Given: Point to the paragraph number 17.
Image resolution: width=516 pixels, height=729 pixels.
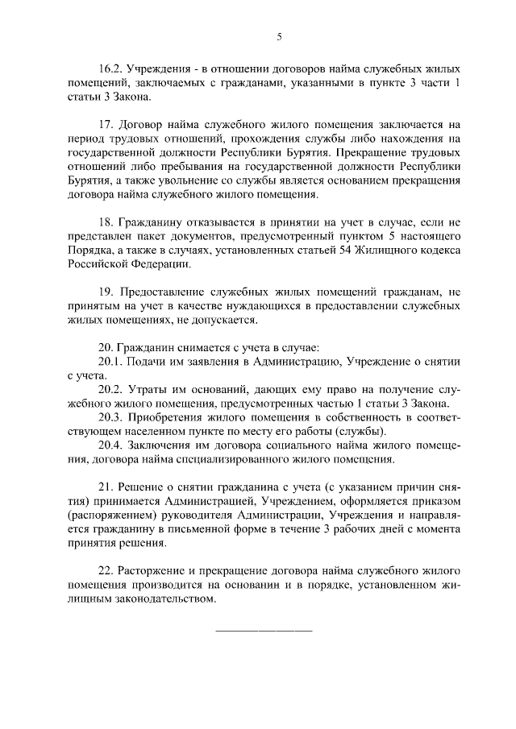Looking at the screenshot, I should (106, 125).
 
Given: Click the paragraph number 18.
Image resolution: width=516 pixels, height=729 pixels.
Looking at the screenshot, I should (106, 224).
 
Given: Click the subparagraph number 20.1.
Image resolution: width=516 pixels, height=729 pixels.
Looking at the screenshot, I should (110, 362).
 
